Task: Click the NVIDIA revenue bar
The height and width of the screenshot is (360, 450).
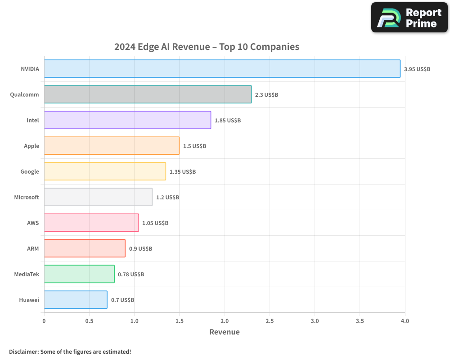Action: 222,69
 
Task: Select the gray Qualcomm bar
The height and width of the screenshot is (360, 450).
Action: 148,94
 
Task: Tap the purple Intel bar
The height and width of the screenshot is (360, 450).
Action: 127,120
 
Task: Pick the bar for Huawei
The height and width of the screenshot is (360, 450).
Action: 76,300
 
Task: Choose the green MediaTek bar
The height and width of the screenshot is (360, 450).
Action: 79,274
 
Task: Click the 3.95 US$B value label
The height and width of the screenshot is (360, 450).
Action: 417,69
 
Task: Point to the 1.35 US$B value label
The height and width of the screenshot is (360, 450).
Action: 182,172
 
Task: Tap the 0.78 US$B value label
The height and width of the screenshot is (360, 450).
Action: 130,274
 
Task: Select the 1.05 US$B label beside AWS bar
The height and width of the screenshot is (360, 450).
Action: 155,223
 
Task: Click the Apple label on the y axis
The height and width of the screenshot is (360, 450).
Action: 31,146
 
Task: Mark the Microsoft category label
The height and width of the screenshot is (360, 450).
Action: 27,197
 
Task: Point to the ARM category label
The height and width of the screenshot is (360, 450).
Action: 33,248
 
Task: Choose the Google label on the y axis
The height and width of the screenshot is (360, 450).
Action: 30,171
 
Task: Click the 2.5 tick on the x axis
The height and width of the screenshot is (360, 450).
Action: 270,321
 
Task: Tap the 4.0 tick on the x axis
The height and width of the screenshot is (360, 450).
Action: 405,321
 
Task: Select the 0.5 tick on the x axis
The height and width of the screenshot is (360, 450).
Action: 89,321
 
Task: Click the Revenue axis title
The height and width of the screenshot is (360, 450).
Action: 225,332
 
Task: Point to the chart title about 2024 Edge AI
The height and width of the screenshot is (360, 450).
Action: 207,47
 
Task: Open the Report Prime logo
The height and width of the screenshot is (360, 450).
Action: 409,18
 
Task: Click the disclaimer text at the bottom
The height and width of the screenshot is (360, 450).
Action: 70,351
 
